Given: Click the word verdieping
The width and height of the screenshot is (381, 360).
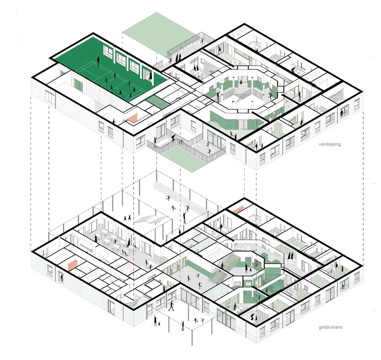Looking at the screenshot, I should coord(329,144).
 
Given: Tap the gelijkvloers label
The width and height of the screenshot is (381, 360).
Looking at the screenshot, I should coord(330,327).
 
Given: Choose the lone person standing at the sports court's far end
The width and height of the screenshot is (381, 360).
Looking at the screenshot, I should coord(99,61).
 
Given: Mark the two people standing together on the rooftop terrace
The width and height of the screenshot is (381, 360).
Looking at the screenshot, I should coord(178,58).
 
